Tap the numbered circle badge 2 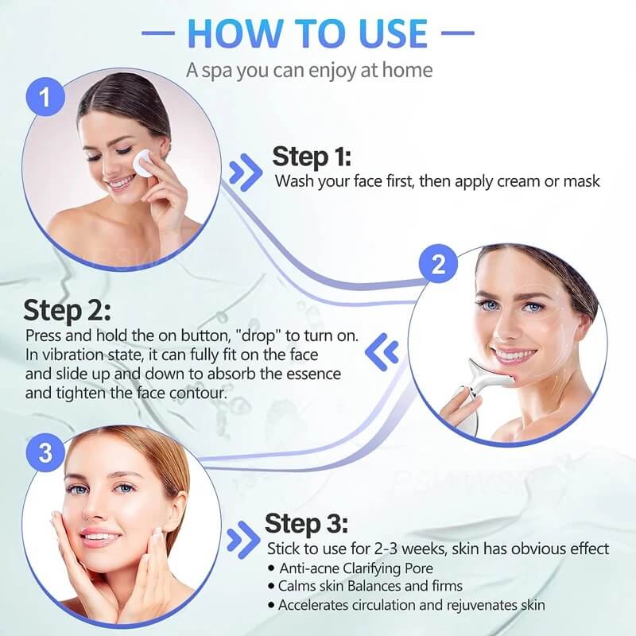coord(438,266)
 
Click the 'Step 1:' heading coord(312,156)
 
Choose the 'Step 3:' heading coord(305,524)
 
